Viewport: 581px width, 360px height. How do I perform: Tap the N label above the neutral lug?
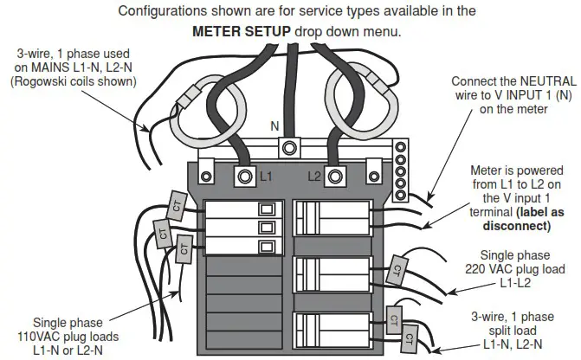pos(275,126)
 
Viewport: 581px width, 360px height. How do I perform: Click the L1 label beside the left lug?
pos(267,177)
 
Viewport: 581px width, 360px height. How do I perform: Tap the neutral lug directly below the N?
pos(292,145)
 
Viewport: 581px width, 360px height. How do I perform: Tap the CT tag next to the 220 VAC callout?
pos(400,267)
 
